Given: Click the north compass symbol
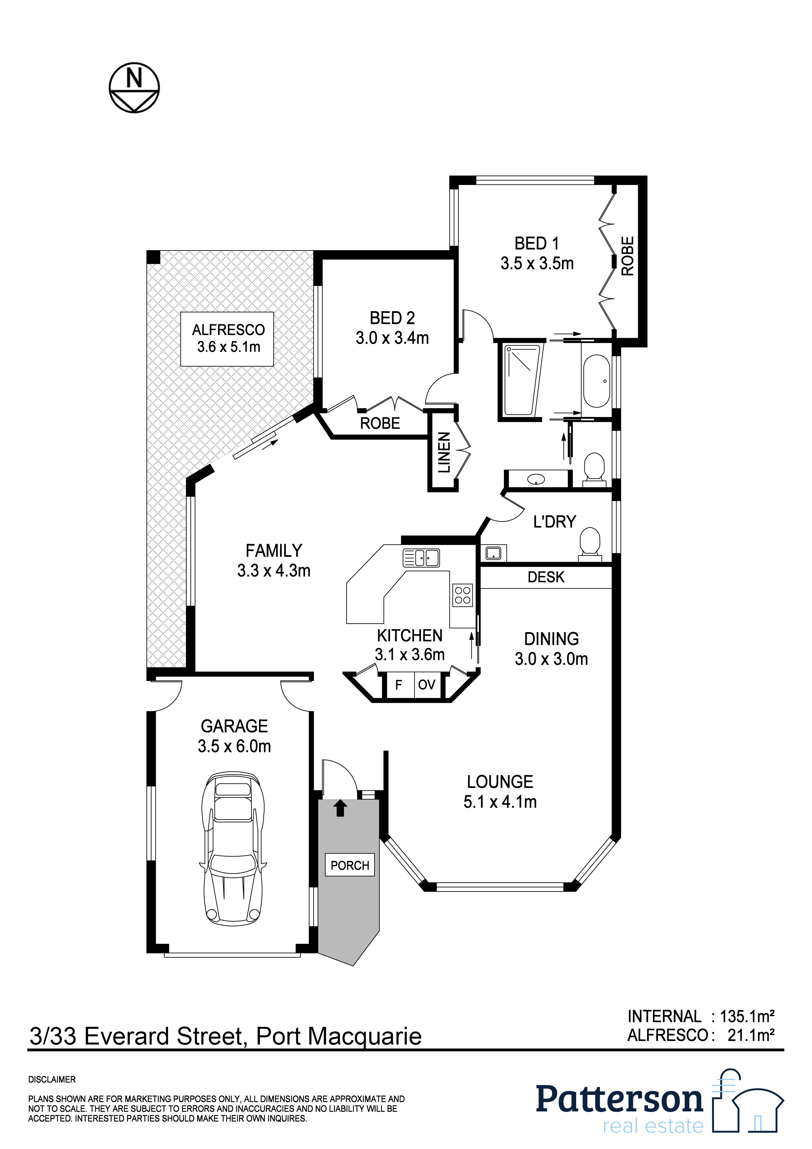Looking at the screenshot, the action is coord(134,87).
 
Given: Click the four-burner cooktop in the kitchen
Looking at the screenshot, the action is coord(462,595).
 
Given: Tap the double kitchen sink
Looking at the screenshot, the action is coord(421,557).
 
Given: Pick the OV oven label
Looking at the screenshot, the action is coord(426,685).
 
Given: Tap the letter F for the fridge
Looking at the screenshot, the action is coord(399,685).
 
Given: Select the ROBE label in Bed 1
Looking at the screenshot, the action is coord(627,256).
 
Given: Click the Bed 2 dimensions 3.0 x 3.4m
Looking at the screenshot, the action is coord(392,338).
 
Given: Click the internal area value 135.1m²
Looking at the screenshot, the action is coord(747,1016).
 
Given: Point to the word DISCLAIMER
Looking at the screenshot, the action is coord(52,1080).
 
